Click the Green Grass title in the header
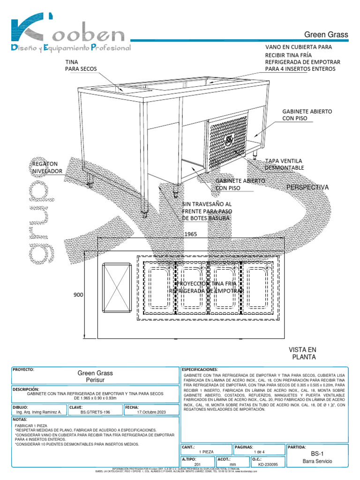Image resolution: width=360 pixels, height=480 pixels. [x=326, y=34]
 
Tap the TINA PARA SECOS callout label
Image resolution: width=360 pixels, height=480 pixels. [x=81, y=65]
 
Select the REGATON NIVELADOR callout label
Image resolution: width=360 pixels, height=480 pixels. [x=46, y=168]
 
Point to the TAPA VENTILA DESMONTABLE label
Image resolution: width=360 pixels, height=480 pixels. [x=285, y=164]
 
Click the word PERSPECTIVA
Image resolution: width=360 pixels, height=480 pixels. [x=307, y=187]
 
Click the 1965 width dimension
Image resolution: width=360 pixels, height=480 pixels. [x=190, y=233]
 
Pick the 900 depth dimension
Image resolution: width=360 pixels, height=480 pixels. [x=78, y=295]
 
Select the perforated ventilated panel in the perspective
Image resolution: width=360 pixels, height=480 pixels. [x=227, y=141]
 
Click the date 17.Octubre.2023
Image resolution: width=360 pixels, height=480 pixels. [x=151, y=412]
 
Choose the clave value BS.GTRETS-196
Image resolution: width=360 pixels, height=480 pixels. [x=95, y=412]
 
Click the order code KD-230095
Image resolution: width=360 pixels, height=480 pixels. [x=268, y=465]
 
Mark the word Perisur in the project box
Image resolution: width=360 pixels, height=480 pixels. [x=95, y=380]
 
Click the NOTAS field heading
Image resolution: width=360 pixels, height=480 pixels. [x=21, y=420]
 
